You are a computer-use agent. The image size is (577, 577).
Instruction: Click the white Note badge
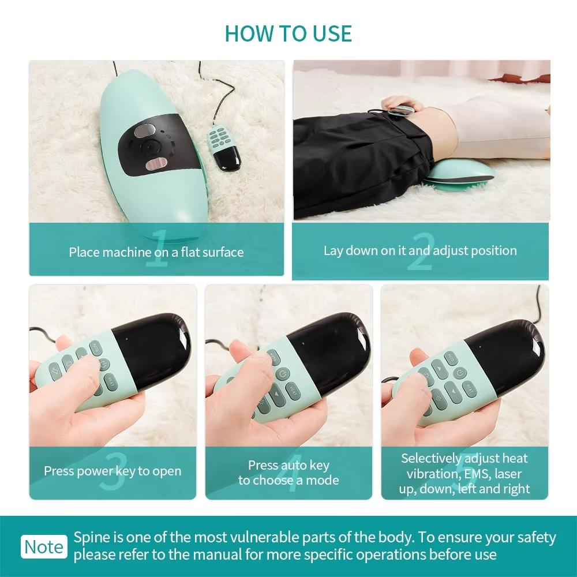pos(44,547)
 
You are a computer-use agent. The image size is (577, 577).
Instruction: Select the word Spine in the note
pos(89,538)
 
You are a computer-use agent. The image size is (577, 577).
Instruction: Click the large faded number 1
pos(157,250)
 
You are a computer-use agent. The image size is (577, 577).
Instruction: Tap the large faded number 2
pos(419,252)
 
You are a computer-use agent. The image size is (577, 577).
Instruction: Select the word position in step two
pos(493,250)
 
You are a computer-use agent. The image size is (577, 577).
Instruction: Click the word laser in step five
pos(505,474)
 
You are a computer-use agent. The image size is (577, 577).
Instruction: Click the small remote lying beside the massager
pos(224,147)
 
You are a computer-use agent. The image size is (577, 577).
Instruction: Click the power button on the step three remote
pos(103,364)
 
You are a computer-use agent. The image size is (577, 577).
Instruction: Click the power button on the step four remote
pos(282,374)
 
